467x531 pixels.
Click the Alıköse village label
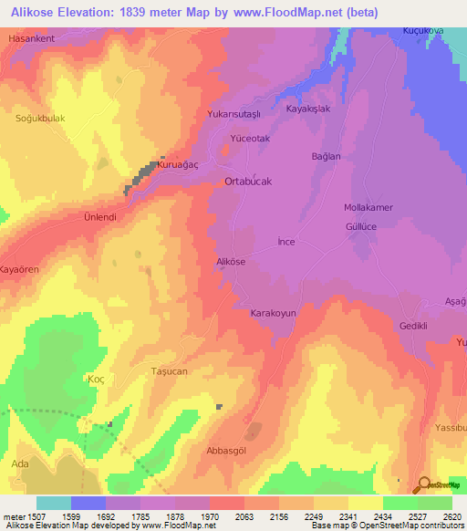pyautogui.click(x=231, y=262)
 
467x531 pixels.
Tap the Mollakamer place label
pyautogui.click(x=368, y=207)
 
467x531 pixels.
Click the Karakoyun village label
pyautogui.click(x=274, y=313)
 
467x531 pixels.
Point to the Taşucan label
pyautogui.click(x=169, y=372)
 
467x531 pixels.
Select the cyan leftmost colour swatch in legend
pyautogui.click(x=54, y=503)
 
